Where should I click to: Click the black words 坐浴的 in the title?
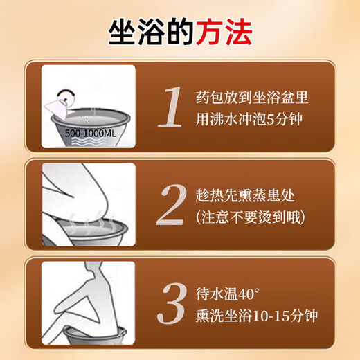point(151,30)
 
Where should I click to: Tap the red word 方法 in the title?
point(224,30)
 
